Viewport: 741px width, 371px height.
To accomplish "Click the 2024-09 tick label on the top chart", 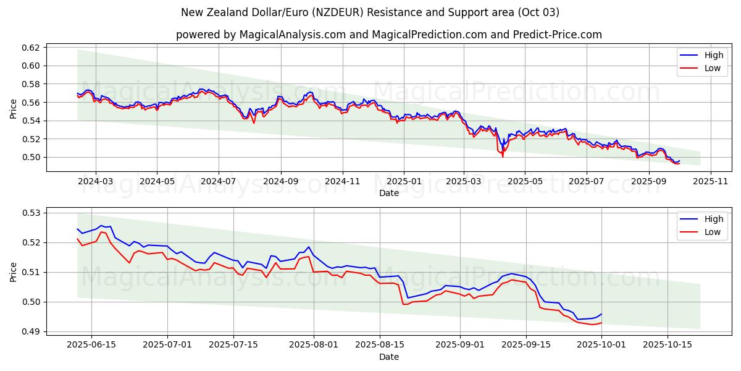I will click(x=281, y=182).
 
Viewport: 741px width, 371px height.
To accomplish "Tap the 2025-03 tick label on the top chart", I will click(x=464, y=182).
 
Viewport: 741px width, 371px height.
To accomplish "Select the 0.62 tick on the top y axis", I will click(x=31, y=48).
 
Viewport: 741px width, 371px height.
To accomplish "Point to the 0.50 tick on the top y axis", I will click(x=31, y=157).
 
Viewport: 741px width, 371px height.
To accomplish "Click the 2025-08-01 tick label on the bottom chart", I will click(x=314, y=344).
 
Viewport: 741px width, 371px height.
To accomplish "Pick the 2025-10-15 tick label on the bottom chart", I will click(x=667, y=344).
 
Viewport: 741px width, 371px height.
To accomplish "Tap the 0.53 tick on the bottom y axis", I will click(x=31, y=213).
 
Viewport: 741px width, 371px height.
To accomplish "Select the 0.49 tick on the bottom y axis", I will click(x=31, y=332).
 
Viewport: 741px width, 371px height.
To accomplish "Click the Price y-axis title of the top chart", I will click(x=14, y=108).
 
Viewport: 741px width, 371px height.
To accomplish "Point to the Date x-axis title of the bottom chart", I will click(x=389, y=357).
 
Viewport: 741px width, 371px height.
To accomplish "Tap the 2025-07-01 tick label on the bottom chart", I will click(x=167, y=344).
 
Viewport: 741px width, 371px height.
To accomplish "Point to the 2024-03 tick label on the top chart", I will click(x=95, y=182).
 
